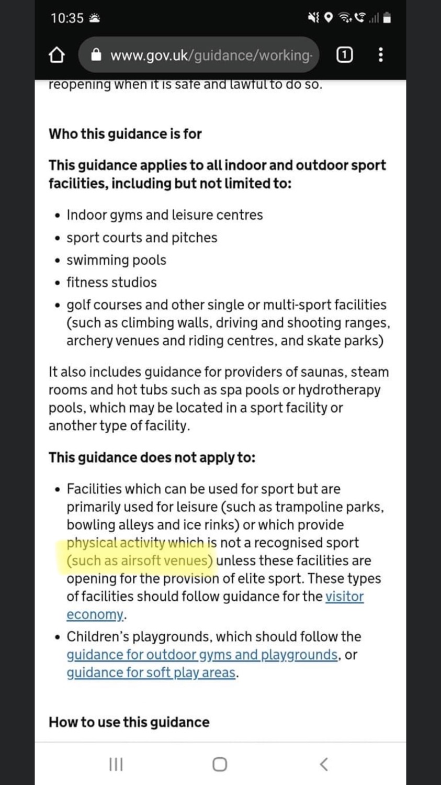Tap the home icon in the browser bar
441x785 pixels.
pyautogui.click(x=56, y=55)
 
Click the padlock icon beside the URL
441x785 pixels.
pyautogui.click(x=96, y=55)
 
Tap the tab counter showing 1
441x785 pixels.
pyautogui.click(x=344, y=54)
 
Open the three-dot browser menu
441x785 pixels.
pyautogui.click(x=380, y=54)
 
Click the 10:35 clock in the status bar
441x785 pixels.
pyautogui.click(x=67, y=18)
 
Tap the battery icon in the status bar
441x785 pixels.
pyautogui.click(x=387, y=18)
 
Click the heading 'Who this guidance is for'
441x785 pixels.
pyautogui.click(x=125, y=134)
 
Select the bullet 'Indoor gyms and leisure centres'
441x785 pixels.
pyautogui.click(x=164, y=215)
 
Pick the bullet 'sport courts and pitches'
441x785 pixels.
pyautogui.click(x=141, y=238)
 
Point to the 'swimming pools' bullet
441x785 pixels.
pyautogui.click(x=116, y=260)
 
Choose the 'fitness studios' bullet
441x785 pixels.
pyautogui.click(x=111, y=283)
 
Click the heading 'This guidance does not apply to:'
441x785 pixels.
pyautogui.click(x=152, y=457)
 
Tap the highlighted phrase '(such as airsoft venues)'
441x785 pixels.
pyautogui.click(x=140, y=561)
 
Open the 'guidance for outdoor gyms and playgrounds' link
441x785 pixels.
pyautogui.click(x=202, y=655)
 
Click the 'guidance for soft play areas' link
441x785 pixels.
pyautogui.click(x=151, y=672)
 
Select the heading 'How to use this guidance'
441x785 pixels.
pyautogui.click(x=129, y=722)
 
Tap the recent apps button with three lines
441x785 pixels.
pyautogui.click(x=116, y=765)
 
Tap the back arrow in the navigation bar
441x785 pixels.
pyautogui.click(x=324, y=765)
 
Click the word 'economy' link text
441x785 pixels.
pyautogui.click(x=95, y=614)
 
